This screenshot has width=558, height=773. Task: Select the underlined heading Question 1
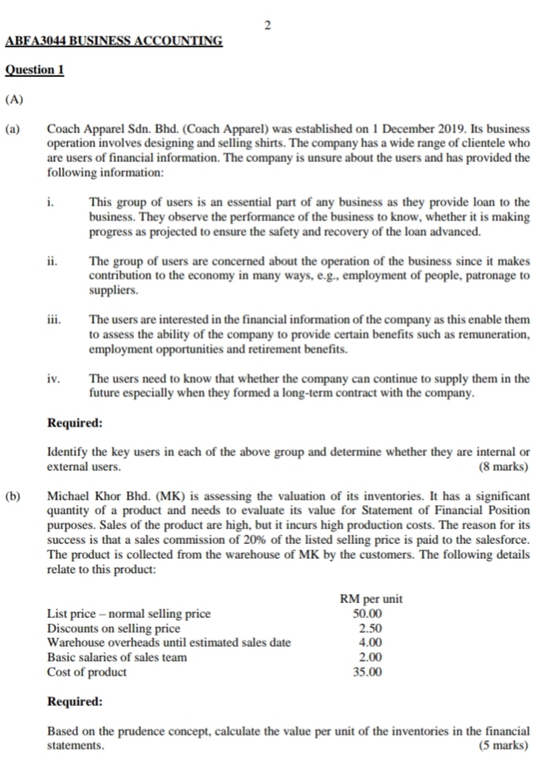[x=34, y=69]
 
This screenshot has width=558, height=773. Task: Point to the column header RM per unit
[x=372, y=598]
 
